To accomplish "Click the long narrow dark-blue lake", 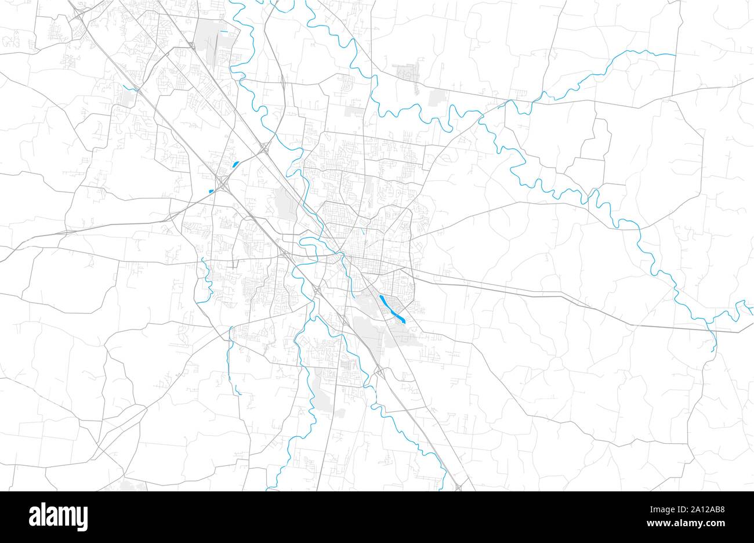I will point(392,308).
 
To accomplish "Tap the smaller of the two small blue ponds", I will point(211,191).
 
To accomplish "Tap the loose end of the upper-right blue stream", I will point(675,55).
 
